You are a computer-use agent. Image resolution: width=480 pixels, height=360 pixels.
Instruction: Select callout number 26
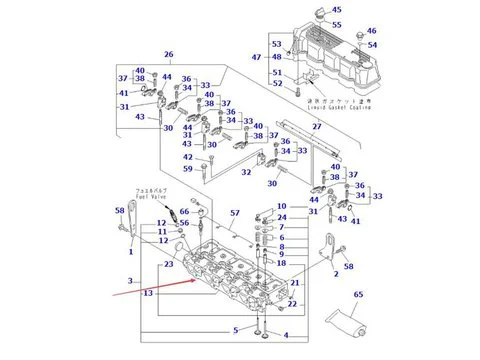tap(169, 54)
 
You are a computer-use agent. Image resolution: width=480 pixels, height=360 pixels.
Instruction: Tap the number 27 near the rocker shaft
tap(317, 127)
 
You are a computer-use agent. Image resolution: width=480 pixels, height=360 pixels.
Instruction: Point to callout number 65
tap(358, 295)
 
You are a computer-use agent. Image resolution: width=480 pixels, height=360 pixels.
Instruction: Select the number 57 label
tap(235, 214)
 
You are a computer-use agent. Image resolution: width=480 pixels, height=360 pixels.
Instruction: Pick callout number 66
tap(184, 211)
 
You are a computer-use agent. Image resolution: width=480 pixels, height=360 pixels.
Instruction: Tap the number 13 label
tap(147, 293)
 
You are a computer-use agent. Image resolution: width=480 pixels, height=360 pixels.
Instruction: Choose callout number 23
tap(169, 264)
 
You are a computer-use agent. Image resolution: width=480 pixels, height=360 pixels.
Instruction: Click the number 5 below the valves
tap(237, 329)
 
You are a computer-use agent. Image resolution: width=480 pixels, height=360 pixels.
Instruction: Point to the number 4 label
tap(285, 334)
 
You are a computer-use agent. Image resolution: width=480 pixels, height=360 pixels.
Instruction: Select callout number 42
tap(187, 157)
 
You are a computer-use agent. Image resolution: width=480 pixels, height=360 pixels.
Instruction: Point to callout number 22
tap(293, 303)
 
